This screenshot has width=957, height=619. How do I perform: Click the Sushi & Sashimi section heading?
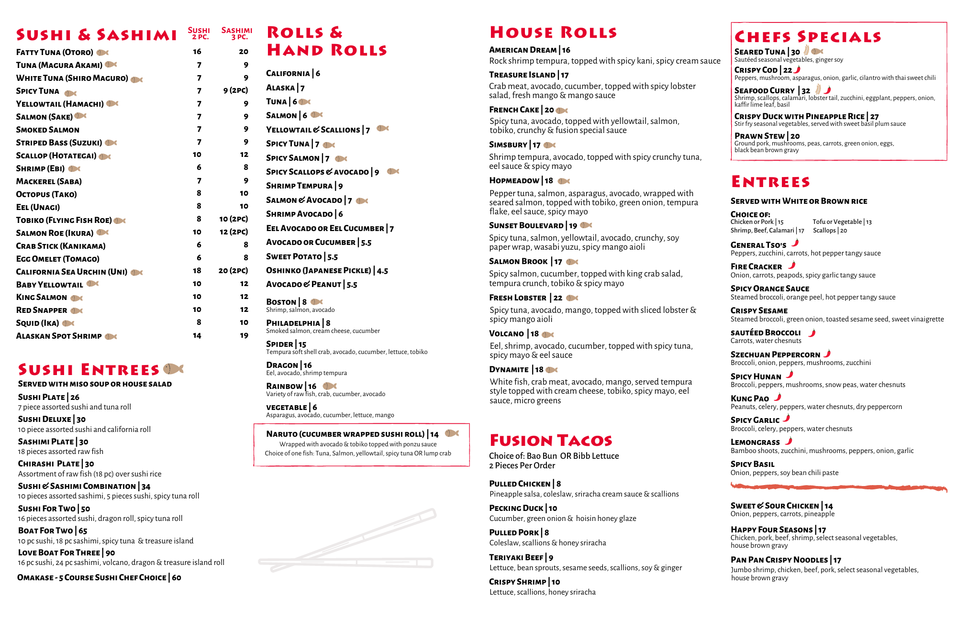[96, 35]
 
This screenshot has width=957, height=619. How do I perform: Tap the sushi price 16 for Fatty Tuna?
[197, 52]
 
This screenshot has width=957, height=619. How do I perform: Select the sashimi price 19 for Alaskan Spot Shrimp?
[244, 336]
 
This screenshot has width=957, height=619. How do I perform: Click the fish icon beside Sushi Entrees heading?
[173, 369]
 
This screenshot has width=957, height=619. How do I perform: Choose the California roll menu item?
[288, 74]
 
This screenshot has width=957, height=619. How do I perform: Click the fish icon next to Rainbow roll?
[330, 386]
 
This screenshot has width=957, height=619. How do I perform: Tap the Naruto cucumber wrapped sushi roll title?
[345, 434]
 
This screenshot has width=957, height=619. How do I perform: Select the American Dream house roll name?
[523, 50]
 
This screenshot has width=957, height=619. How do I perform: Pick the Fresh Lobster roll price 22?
[558, 298]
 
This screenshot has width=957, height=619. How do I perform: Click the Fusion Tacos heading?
[551, 440]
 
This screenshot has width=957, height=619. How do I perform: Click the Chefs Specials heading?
[808, 37]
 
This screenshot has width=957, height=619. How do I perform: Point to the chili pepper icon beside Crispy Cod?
[797, 70]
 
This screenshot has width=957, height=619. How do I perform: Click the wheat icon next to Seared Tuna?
[807, 50]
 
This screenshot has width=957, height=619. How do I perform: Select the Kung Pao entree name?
[750, 398]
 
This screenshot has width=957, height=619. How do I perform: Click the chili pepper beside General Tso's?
[795, 243]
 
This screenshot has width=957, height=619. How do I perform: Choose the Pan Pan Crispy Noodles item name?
[779, 560]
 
